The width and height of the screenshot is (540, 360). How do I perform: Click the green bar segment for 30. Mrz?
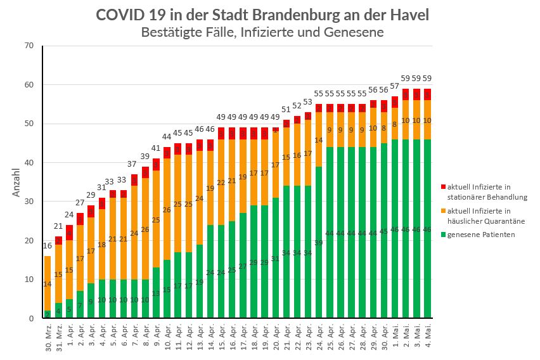click(48, 314)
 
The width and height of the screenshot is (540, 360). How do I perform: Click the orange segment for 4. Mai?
click(428, 120)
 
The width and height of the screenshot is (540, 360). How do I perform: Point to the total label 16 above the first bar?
click(48, 245)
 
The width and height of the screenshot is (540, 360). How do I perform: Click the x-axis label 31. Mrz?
click(59, 338)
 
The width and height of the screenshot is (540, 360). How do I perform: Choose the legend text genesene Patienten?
click(480, 235)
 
